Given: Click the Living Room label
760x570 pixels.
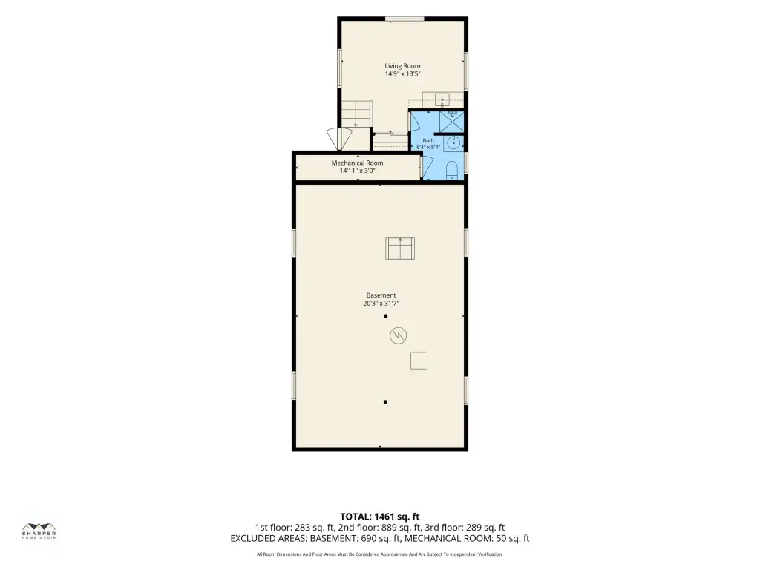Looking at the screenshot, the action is (x=402, y=66).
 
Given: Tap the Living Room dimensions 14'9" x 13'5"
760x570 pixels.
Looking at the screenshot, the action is (x=402, y=74).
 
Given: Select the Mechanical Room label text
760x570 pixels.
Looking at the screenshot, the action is (x=357, y=163).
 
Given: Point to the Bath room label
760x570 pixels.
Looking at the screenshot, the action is (x=428, y=140).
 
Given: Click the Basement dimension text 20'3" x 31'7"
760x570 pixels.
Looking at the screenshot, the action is (x=381, y=304).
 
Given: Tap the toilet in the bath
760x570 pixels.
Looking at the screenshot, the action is (x=452, y=171).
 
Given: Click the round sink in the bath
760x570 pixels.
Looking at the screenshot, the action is (x=453, y=143).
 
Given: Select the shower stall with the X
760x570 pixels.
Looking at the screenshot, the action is (x=452, y=121).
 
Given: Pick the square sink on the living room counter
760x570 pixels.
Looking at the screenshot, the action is (x=442, y=101).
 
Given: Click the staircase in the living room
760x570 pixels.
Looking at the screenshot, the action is (x=357, y=114).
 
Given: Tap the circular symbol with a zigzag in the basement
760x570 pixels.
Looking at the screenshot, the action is (x=398, y=335).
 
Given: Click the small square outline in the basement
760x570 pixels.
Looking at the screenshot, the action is (x=419, y=361).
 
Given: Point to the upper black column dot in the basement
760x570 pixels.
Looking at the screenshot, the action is (x=386, y=316).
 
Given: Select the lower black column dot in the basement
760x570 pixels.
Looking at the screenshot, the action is (x=385, y=402).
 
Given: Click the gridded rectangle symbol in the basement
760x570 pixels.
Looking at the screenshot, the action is (x=400, y=249).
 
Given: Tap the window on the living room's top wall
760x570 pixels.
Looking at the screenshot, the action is (x=404, y=19).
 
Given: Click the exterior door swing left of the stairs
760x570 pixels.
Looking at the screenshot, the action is (x=339, y=139).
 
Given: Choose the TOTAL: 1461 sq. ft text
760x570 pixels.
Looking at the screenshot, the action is (x=379, y=517).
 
